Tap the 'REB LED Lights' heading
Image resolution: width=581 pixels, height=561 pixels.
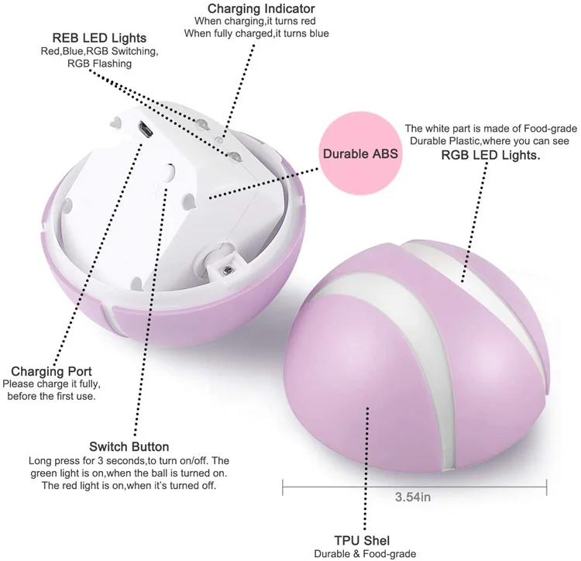pyautogui.click(x=99, y=38)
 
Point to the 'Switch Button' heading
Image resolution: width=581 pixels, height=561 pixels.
pyautogui.click(x=129, y=446)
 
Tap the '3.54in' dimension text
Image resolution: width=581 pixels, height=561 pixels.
pyautogui.click(x=412, y=497)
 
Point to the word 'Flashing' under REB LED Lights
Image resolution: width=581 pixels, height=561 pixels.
pyautogui.click(x=110, y=64)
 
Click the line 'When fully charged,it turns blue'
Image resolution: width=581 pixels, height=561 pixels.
pyautogui.click(x=256, y=34)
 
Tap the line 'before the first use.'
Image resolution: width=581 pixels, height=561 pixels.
pyautogui.click(x=53, y=396)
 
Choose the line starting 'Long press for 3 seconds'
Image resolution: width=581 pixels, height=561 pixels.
pyautogui.click(x=129, y=460)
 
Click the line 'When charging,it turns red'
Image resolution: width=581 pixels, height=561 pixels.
pyautogui.click(x=256, y=22)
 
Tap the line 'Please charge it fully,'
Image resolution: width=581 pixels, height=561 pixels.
pyautogui.click(x=52, y=384)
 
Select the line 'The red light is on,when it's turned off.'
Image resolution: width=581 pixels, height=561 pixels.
pyautogui.click(x=129, y=486)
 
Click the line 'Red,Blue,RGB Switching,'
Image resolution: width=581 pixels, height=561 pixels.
pyautogui.click(x=99, y=52)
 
